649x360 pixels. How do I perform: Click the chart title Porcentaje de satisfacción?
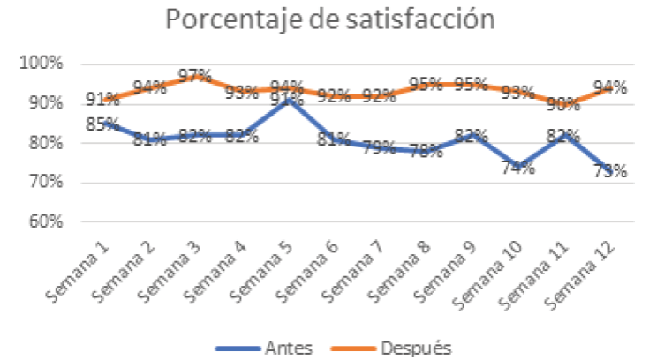[x=324, y=20]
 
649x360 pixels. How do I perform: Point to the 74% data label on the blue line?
[x=518, y=169]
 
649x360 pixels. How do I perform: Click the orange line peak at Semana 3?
[x=196, y=77]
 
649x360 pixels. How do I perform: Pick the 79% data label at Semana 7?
[x=378, y=148]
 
